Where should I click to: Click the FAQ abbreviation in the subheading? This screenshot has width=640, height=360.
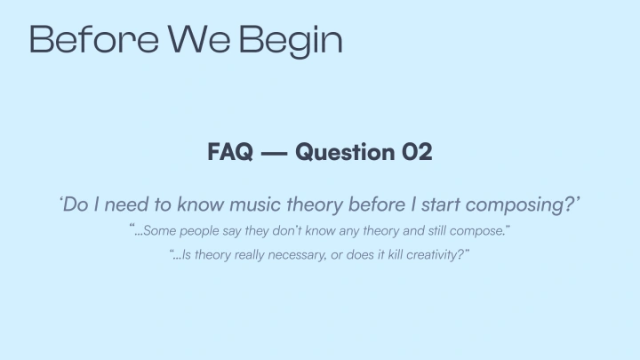coord(228,152)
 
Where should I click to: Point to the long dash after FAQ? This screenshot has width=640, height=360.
coord(274,153)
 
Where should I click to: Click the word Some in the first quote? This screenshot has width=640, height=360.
coord(159,231)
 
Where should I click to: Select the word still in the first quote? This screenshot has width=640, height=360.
coord(438,231)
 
